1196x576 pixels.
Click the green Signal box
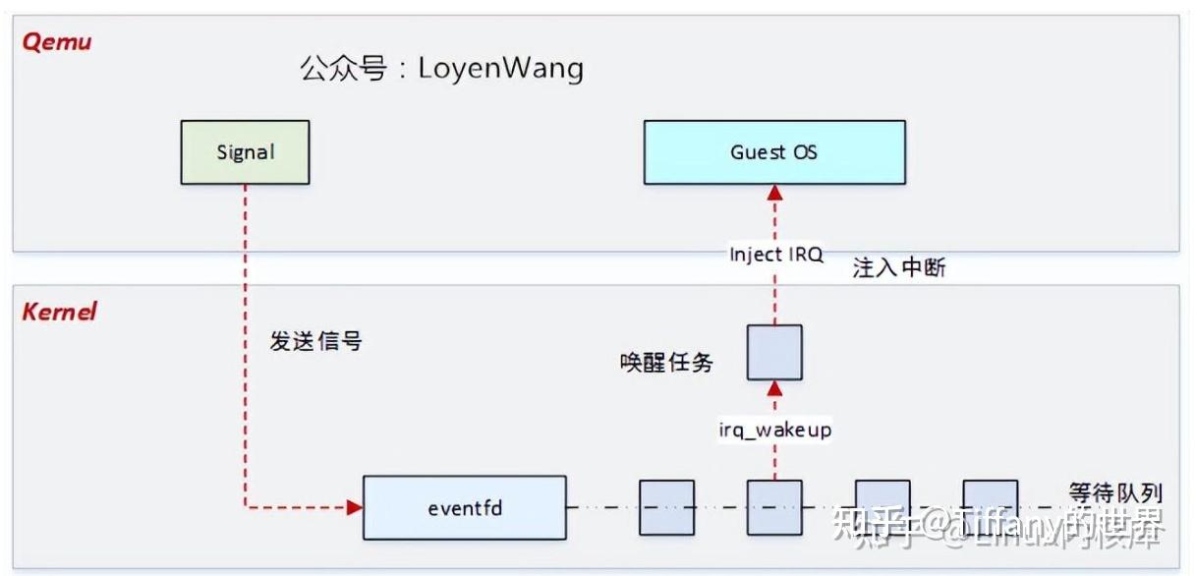(x=245, y=152)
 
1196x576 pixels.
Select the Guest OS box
(x=774, y=152)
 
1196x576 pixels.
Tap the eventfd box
(x=464, y=508)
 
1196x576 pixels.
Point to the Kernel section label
(x=59, y=312)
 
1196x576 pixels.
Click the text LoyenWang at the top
(x=500, y=68)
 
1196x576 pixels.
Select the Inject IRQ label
(x=775, y=255)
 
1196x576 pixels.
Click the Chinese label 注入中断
(x=898, y=268)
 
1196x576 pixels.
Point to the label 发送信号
(x=315, y=341)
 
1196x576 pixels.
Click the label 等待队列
(x=1114, y=491)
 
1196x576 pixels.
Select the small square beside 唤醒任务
(x=774, y=353)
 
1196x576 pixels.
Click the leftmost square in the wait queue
(x=666, y=507)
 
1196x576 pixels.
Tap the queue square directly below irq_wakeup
(x=774, y=507)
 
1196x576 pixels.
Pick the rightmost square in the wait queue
(x=990, y=507)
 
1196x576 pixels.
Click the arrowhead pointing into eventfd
(x=355, y=508)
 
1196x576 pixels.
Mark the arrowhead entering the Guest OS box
(x=774, y=193)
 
